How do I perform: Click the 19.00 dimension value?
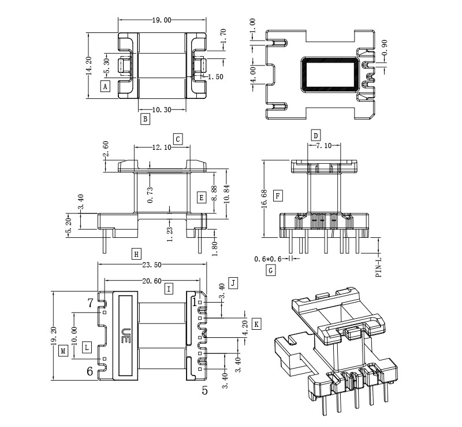[162, 20]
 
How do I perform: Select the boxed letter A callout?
[105, 87]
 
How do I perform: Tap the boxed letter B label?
[146, 119]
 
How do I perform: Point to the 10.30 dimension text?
[162, 109]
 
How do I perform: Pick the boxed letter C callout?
[178, 139]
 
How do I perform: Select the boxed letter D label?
[315, 136]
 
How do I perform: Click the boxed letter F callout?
[278, 197]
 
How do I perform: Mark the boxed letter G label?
[270, 270]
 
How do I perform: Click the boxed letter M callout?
[64, 351]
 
